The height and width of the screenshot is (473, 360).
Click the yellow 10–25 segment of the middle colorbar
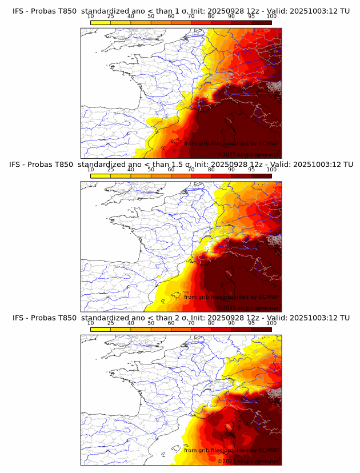(100, 176)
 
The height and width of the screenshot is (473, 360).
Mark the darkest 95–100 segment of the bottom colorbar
(261, 330)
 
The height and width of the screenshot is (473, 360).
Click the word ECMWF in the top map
(266, 143)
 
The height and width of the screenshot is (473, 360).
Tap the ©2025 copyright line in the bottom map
(248, 461)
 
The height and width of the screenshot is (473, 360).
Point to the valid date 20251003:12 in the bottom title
(317, 318)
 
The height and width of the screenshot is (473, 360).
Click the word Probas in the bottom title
(43, 318)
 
